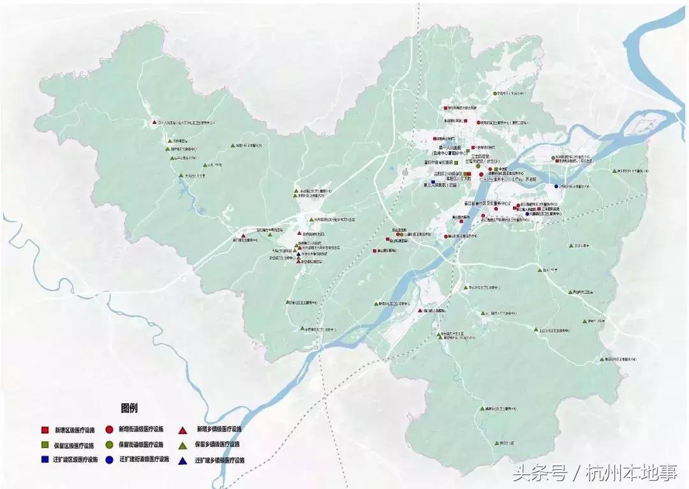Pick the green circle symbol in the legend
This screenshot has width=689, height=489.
[110, 444]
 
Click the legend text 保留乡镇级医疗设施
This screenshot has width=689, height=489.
[218, 444]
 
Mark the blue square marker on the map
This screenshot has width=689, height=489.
[433, 183]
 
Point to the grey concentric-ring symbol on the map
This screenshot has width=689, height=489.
[404, 172]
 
